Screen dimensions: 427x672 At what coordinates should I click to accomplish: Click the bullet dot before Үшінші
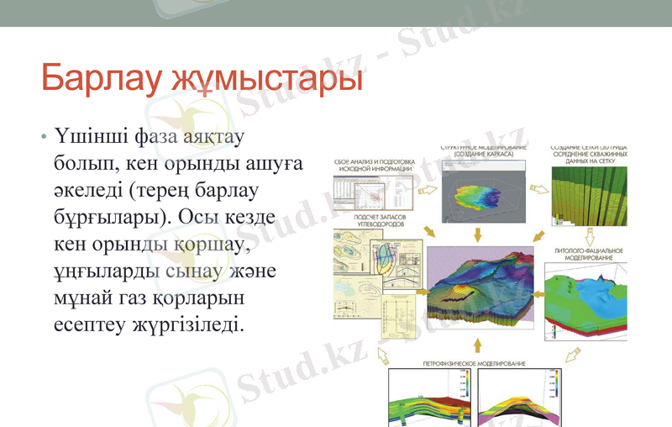[43, 136]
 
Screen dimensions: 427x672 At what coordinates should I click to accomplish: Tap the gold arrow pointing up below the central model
[477, 345]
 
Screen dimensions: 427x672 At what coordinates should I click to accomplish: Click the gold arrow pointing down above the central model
[477, 234]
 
